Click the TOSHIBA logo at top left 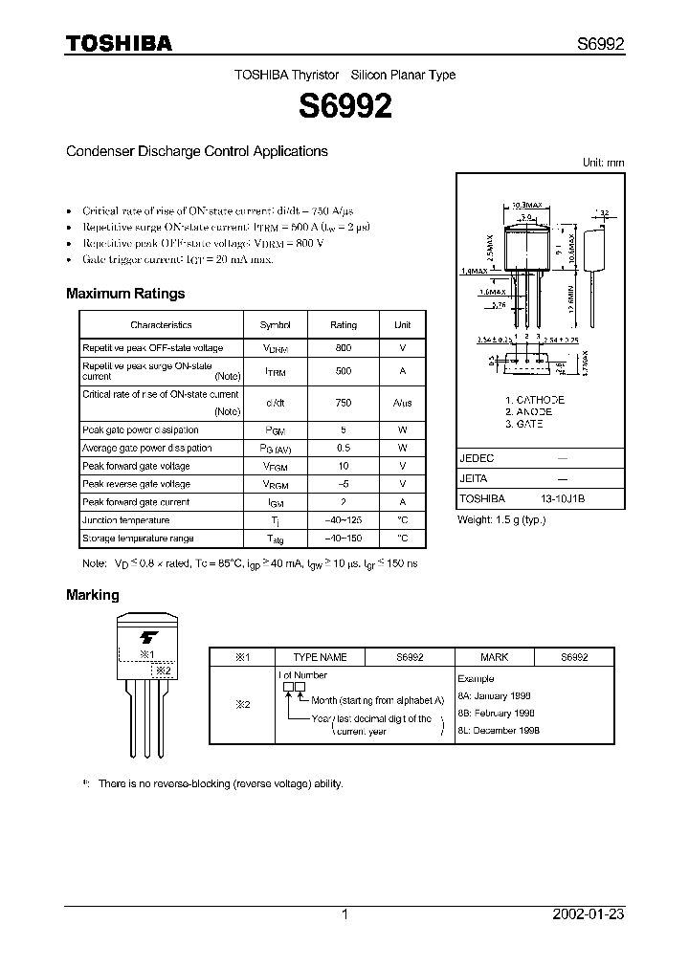[x=119, y=43]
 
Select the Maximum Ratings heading [x=125, y=294]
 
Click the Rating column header [x=343, y=325]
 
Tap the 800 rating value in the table [x=343, y=348]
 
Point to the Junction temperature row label [x=126, y=520]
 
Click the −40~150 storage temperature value [x=343, y=539]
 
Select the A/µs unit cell [x=402, y=403]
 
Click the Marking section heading [x=93, y=595]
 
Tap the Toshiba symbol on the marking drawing [x=148, y=636]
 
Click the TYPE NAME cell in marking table [x=320, y=658]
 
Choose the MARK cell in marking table [x=494, y=658]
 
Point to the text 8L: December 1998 [x=500, y=729]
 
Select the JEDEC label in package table [x=478, y=458]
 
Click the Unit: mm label [x=603, y=163]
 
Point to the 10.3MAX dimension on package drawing [x=526, y=205]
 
